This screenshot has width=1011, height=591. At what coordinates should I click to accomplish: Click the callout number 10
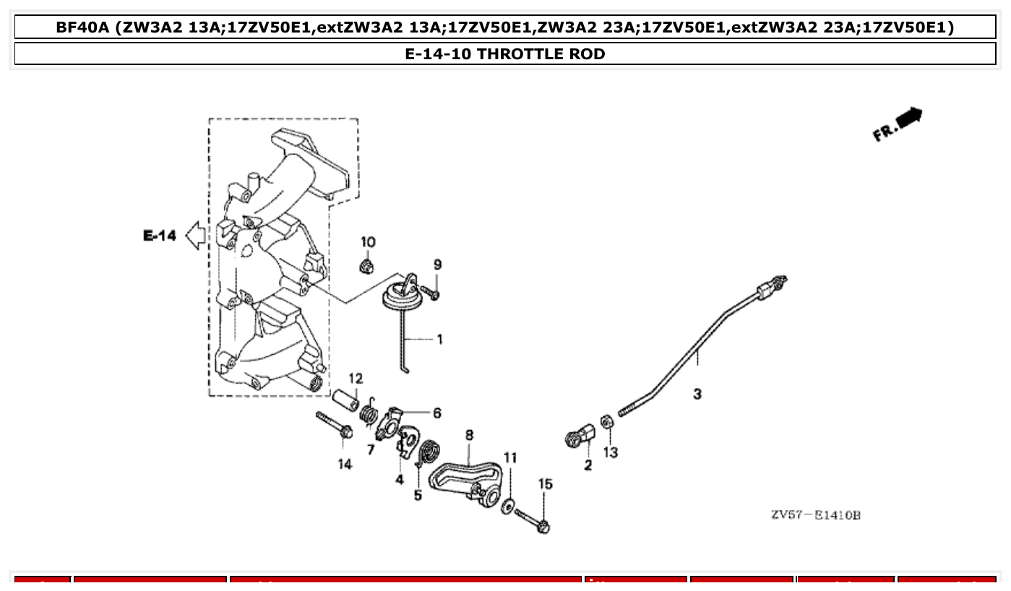coord(368,242)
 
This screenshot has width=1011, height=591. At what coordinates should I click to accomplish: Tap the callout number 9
coord(437,265)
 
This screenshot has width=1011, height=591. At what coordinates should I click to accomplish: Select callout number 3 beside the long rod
coord(697,394)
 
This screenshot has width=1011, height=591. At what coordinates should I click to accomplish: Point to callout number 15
coord(545,484)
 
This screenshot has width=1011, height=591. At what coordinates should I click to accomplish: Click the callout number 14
coord(345,464)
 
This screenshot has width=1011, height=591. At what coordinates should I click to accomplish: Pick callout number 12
coord(356,379)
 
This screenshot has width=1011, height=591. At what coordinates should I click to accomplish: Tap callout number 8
coord(469,435)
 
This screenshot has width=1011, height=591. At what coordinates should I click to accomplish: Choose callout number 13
coord(611,453)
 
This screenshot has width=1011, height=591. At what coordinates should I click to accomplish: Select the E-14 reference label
coord(160,236)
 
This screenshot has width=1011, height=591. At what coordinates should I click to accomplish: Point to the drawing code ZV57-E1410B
coord(815,515)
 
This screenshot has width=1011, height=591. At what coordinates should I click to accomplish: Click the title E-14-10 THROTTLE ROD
coord(505,53)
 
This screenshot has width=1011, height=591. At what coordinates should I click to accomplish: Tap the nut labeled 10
coord(367,267)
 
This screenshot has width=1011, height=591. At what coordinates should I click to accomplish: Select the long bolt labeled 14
coord(333,424)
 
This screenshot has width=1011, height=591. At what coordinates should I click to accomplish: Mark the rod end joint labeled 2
coord(580,437)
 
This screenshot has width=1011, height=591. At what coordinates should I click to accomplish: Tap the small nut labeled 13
coord(608,420)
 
